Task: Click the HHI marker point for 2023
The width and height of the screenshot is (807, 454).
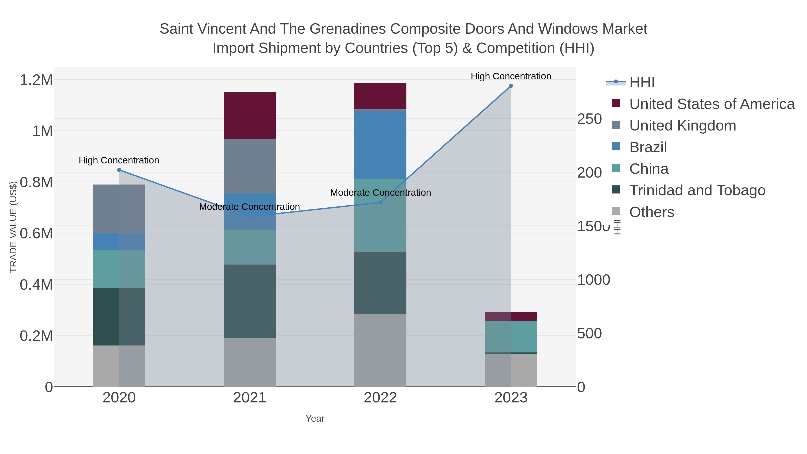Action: click(511, 86)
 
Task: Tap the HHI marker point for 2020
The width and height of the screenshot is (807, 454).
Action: click(119, 170)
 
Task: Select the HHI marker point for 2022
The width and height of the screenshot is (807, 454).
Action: click(380, 202)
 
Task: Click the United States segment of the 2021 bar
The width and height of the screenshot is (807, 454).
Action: click(250, 115)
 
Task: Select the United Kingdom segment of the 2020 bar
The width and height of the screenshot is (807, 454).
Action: click(119, 209)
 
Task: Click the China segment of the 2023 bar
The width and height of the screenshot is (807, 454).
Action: click(511, 337)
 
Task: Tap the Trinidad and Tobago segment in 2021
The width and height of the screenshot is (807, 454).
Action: click(250, 301)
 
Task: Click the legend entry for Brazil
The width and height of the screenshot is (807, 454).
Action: click(648, 147)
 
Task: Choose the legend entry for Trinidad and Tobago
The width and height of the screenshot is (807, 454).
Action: click(697, 191)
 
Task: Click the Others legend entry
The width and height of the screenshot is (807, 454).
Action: click(651, 212)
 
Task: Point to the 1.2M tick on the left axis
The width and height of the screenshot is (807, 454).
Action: click(36, 80)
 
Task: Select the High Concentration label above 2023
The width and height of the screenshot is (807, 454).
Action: click(511, 76)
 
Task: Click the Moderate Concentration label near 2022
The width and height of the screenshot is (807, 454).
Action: click(380, 192)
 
